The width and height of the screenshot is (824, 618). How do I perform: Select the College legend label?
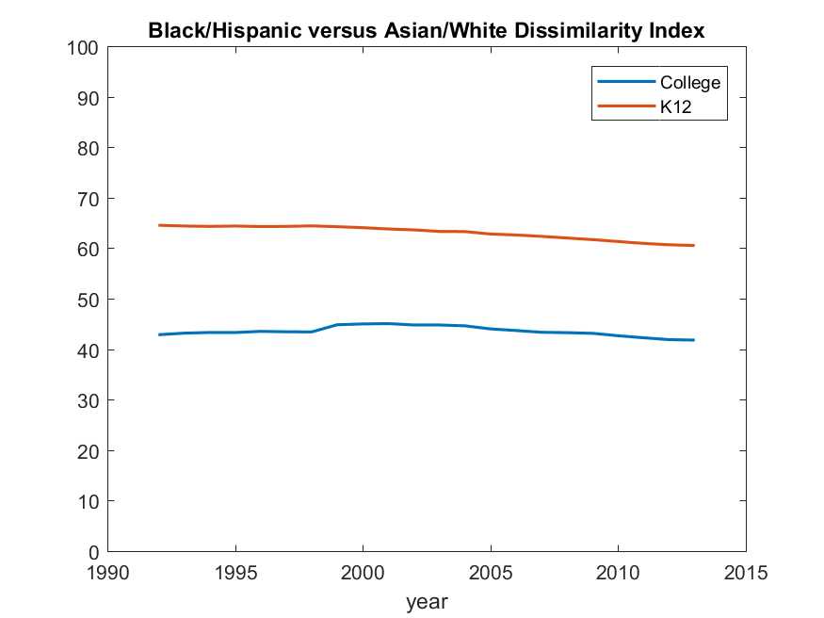pyautogui.click(x=689, y=83)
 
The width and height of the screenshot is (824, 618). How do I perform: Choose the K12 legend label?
pyautogui.click(x=674, y=107)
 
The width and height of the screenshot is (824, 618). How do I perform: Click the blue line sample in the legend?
pyautogui.click(x=625, y=83)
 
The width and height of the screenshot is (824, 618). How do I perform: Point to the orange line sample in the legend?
pyautogui.click(x=625, y=107)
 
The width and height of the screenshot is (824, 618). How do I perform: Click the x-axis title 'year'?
pyautogui.click(x=427, y=601)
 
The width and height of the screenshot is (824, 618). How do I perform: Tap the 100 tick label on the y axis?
pyautogui.click(x=82, y=48)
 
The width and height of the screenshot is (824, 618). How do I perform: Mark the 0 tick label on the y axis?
pyautogui.click(x=92, y=551)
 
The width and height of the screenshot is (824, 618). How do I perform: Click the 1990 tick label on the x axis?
pyautogui.click(x=107, y=572)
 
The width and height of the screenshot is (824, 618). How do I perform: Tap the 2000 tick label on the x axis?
pyautogui.click(x=363, y=572)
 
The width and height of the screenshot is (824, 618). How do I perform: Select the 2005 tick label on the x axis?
pyautogui.click(x=491, y=572)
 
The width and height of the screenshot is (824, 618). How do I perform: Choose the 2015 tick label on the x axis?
pyautogui.click(x=746, y=572)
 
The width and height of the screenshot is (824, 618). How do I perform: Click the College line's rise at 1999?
pyautogui.click(x=337, y=325)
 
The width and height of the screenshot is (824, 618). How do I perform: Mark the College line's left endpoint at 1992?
pyautogui.click(x=159, y=334)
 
